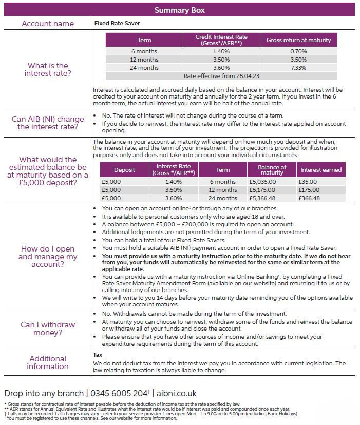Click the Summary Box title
180,10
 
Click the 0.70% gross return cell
298,51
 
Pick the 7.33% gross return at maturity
298,68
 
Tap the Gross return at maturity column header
298,40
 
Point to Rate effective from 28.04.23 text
221,75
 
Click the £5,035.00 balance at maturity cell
262,182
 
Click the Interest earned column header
320,170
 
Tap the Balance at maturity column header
272,170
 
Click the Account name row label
48,24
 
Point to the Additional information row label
48,362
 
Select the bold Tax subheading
98,355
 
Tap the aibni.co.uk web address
176,393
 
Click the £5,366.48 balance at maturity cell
262,198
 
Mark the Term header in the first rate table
144,40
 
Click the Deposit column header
124,170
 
